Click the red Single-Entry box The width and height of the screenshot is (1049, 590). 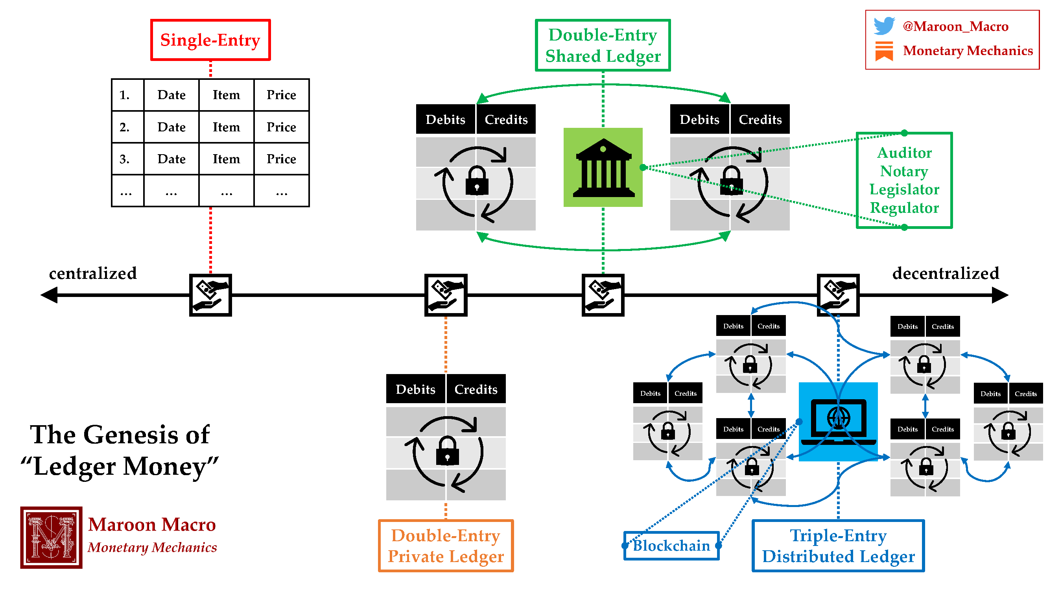(x=210, y=40)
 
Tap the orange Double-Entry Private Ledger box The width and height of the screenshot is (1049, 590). (x=446, y=546)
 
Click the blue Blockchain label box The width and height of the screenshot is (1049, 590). (x=671, y=546)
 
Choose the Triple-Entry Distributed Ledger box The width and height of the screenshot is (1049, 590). (x=838, y=546)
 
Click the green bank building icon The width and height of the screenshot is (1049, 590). (x=603, y=167)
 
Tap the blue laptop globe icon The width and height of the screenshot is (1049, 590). (x=838, y=421)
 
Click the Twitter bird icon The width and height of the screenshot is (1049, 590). (x=884, y=26)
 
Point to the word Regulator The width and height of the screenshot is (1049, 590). (x=904, y=208)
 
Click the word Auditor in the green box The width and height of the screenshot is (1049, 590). (x=904, y=153)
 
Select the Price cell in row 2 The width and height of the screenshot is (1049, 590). (x=281, y=127)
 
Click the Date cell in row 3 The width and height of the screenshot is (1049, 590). (x=171, y=159)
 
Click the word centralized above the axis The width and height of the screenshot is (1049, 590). (x=93, y=273)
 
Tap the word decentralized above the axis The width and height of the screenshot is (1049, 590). (x=945, y=273)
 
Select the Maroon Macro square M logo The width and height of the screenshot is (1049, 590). (x=51, y=537)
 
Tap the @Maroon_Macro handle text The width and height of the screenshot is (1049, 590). (x=955, y=26)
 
